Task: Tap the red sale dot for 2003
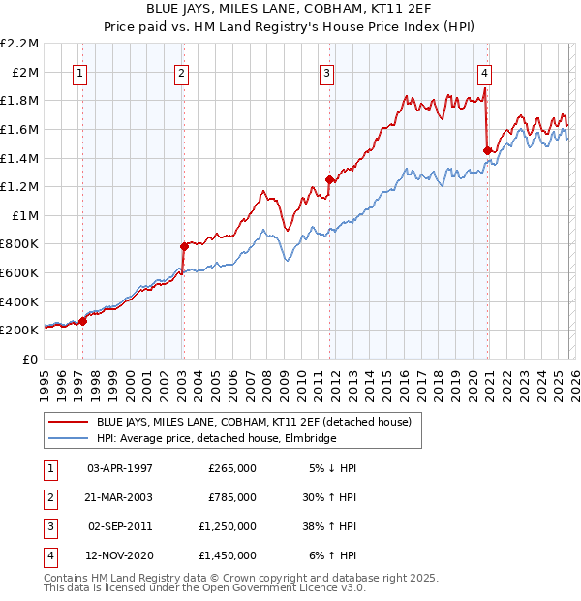click(x=183, y=246)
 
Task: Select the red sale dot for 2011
click(x=329, y=179)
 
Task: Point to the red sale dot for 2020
click(x=487, y=150)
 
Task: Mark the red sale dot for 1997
click(x=82, y=321)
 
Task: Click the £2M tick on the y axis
click(x=26, y=72)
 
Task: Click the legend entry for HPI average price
click(x=215, y=439)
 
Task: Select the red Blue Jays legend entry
click(x=253, y=422)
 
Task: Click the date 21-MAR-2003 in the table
click(x=120, y=497)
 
